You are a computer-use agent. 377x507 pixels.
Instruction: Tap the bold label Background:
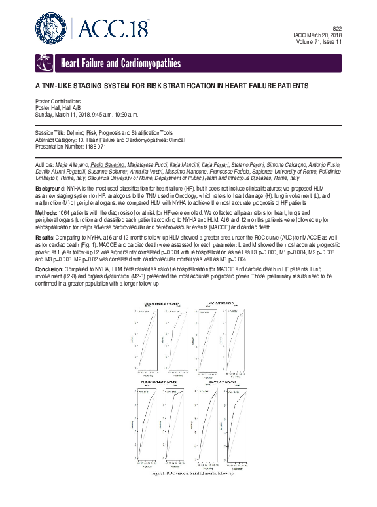pyautogui.click(x=52, y=189)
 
